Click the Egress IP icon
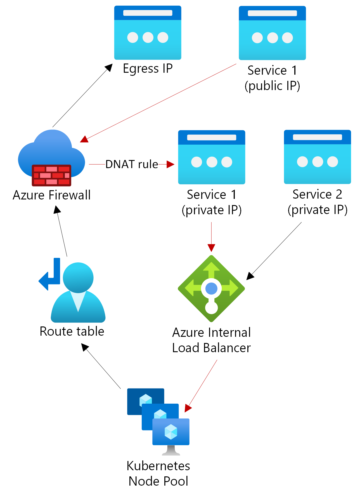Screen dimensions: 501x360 tap(148, 33)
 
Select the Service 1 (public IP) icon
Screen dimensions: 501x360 tap(272, 33)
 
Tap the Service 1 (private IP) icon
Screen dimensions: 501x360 tap(212, 157)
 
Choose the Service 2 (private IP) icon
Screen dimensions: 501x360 tap(317, 157)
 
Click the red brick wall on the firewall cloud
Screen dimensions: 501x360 tap(51, 175)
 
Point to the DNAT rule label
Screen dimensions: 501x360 tap(132, 164)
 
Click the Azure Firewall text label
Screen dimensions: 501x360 tap(52, 195)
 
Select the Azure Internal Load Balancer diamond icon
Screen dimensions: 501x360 tap(211, 288)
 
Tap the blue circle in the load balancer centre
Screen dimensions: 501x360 tap(211, 288)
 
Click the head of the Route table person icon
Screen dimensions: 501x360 tap(78, 277)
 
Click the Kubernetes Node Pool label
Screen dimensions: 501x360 tap(158, 473)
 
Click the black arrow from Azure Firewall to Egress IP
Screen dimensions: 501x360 tap(82, 95)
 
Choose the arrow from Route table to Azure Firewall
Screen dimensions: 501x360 tap(62, 231)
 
